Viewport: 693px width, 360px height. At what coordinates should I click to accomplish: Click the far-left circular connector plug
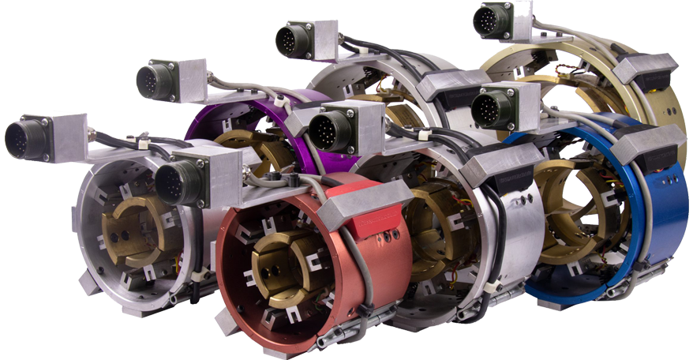click(21, 138)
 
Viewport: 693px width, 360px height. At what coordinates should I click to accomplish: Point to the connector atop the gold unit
click(490, 21)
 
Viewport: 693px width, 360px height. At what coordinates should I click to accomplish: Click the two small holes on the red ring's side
click(389, 236)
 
